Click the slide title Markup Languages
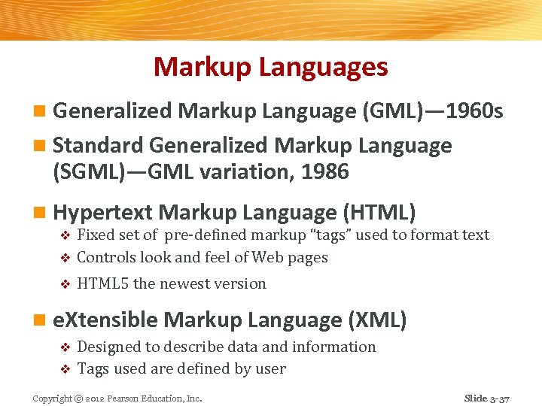point(271,67)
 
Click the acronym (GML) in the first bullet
point(397,112)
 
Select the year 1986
point(324,171)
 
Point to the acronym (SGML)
point(90,171)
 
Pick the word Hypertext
point(103,212)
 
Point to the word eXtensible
point(106,320)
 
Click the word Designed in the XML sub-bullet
point(108,347)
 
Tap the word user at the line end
point(271,369)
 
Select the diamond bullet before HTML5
point(64,284)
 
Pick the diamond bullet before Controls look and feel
point(64,258)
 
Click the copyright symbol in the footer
point(79,398)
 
